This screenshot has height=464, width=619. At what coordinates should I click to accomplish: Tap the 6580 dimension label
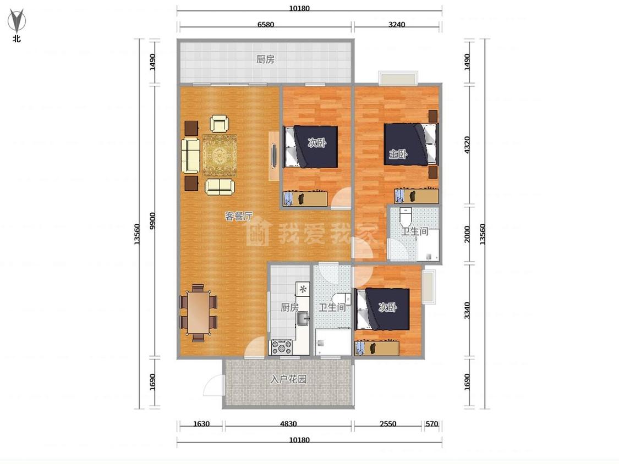tap(266, 24)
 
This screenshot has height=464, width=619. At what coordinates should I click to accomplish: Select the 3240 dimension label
tap(396, 24)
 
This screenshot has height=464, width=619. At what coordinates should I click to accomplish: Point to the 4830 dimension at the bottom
tap(288, 424)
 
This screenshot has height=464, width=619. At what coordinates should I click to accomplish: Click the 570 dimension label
tap(432, 424)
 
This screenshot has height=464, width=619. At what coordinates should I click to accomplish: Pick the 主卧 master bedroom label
tap(398, 154)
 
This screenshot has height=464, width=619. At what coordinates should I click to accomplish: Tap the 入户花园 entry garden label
tap(288, 379)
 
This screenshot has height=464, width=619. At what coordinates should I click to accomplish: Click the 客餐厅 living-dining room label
tap(238, 216)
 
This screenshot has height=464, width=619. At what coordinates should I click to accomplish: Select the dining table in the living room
tap(199, 312)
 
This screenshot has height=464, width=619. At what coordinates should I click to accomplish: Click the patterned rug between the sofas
tap(220, 156)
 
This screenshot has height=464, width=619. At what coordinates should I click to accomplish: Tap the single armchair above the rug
tap(220, 124)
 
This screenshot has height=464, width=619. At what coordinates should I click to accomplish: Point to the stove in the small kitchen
tap(282, 347)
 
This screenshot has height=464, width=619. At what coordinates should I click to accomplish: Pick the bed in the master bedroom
tap(411, 145)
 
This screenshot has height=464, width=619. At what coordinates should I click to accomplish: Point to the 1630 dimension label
tap(201, 424)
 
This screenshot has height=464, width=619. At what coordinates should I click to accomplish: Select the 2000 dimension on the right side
tap(467, 234)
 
